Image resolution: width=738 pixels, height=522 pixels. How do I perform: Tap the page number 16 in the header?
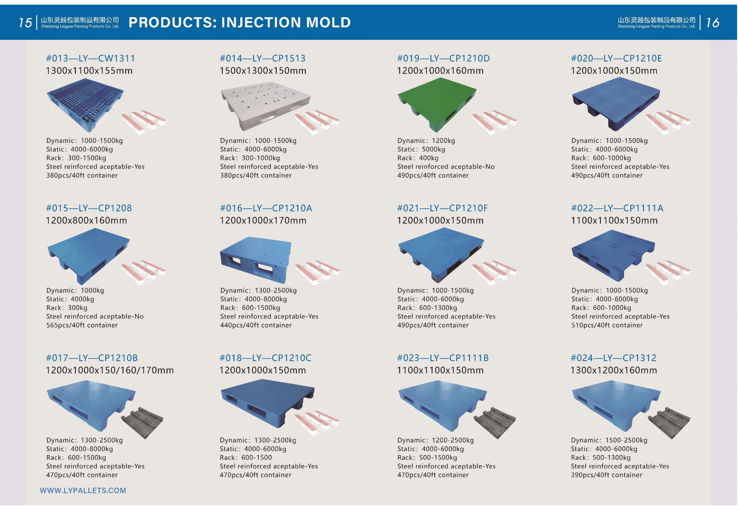[712, 23]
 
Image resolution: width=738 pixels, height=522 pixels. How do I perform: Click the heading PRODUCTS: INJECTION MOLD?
[239, 22]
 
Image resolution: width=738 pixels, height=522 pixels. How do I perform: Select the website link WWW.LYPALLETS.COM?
[83, 491]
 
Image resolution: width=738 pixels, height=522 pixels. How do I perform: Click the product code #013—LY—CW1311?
[90, 58]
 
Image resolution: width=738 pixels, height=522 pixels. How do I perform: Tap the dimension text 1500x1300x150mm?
[263, 71]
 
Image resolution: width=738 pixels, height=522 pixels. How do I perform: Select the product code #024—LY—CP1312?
[613, 358]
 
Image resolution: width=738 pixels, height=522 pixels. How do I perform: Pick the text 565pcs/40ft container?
[82, 325]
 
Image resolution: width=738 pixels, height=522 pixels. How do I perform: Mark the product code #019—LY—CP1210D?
[444, 58]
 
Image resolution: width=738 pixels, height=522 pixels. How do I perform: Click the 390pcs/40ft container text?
[607, 475]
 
